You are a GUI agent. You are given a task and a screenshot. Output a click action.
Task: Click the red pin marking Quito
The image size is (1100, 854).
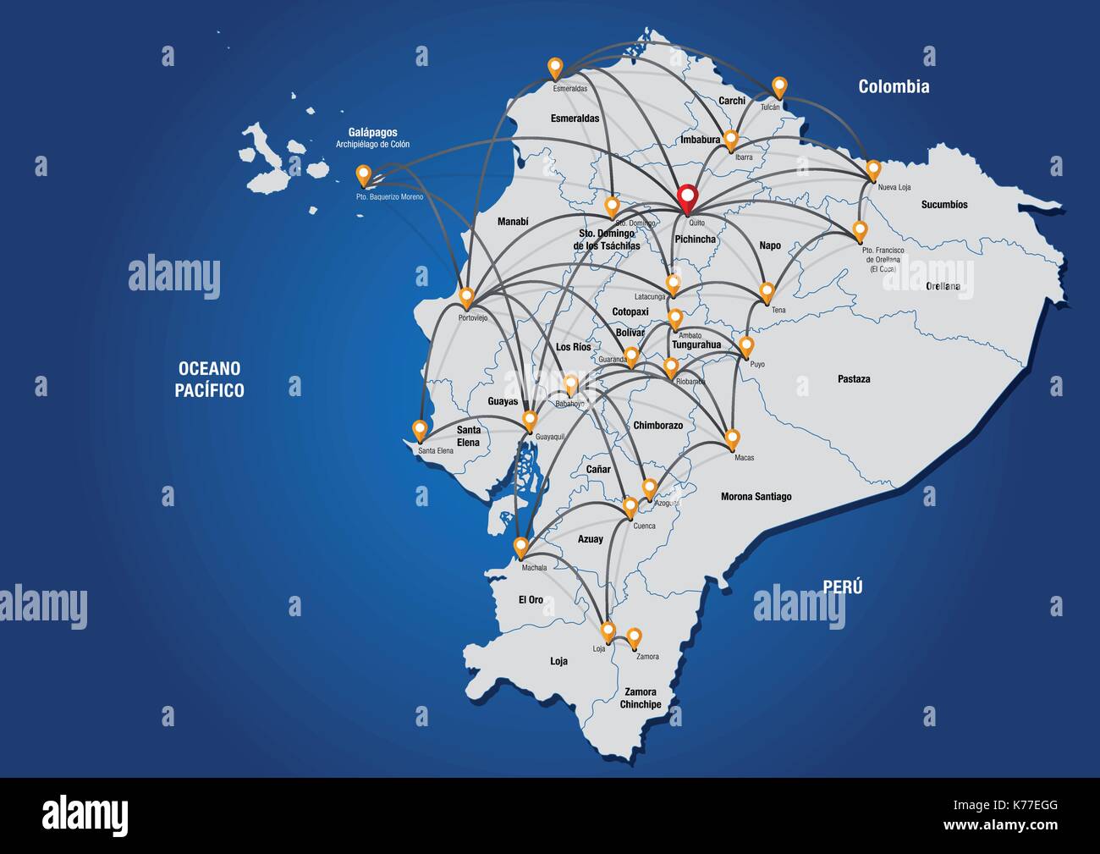[688, 196]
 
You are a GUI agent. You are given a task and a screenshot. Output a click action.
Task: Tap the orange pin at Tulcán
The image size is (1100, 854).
[779, 85]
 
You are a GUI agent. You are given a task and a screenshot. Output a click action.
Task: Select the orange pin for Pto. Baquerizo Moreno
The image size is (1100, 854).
[364, 174]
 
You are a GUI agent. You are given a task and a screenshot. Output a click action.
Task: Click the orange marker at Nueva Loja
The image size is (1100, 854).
[874, 168]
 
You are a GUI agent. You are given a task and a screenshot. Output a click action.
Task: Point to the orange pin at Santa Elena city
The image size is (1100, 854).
[418, 429]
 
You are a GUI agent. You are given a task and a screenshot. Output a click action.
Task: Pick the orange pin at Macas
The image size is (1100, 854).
[732, 438]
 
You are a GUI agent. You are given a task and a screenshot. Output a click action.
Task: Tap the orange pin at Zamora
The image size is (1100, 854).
[634, 636]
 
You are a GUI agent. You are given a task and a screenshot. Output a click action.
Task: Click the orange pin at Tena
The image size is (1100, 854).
[767, 292]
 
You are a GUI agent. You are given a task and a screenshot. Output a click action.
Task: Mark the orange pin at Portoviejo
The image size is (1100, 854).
[466, 296]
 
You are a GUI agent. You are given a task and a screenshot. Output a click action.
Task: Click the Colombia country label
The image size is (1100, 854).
[894, 86]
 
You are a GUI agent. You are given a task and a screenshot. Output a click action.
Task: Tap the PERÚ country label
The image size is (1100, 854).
[843, 587]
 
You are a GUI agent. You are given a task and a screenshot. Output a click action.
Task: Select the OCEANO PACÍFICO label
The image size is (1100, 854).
[209, 379]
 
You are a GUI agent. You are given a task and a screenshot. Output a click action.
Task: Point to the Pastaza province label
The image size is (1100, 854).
[854, 379]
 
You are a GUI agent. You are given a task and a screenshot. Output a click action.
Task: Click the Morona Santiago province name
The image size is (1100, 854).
[756, 497]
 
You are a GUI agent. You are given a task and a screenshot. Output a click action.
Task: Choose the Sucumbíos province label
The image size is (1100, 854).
[944, 205]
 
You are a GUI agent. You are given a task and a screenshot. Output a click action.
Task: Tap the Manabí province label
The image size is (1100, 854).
[513, 222]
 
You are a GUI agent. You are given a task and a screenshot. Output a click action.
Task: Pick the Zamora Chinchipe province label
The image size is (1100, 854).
[641, 698]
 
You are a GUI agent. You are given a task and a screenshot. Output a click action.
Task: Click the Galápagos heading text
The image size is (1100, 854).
[372, 133]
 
